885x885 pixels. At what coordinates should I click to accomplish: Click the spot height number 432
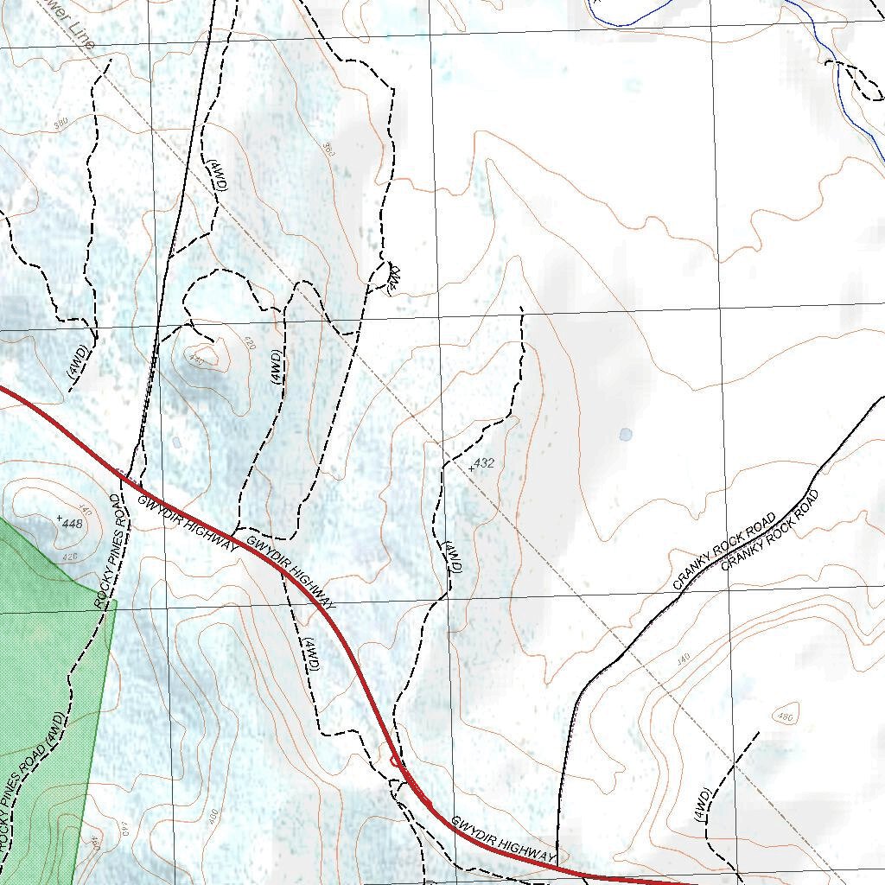click(x=484, y=463)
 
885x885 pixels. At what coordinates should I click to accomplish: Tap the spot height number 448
click(x=73, y=524)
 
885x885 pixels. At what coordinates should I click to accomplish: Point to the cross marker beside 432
click(x=471, y=468)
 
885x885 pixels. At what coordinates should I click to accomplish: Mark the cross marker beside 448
click(x=59, y=518)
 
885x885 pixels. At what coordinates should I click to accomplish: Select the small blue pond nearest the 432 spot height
click(x=625, y=434)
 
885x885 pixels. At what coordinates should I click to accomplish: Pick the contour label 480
click(x=786, y=716)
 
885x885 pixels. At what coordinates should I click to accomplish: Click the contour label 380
click(x=60, y=124)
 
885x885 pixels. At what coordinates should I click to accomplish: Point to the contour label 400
click(x=213, y=814)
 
